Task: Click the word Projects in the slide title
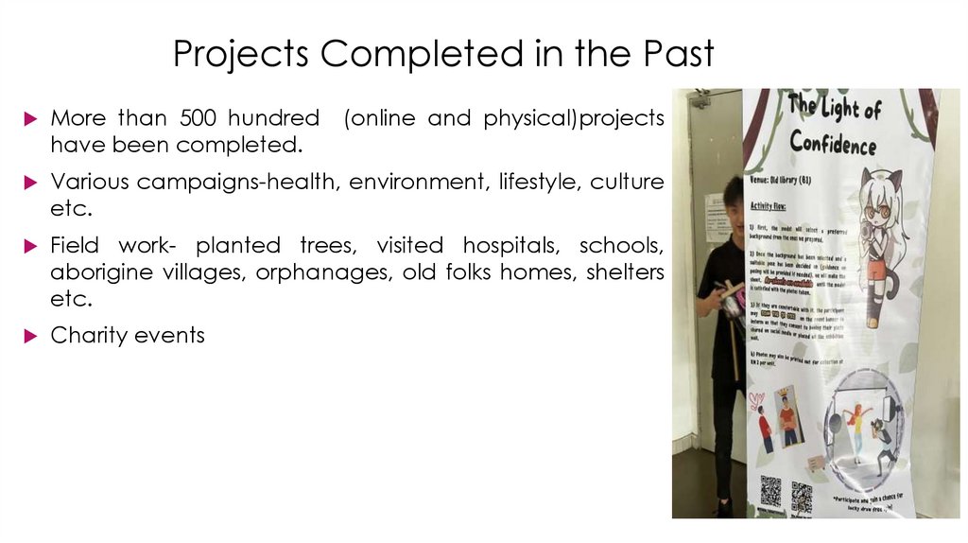[241, 54]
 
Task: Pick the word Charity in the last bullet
[90, 335]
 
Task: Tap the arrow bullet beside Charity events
[31, 336]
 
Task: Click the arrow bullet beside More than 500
[31, 119]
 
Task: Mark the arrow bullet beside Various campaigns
[31, 183]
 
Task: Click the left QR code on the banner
[771, 490]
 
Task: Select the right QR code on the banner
[802, 495]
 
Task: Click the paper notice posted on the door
[715, 216]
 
